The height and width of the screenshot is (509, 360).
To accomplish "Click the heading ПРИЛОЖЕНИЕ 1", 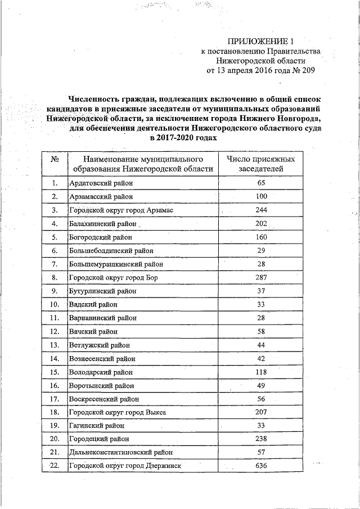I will (x=261, y=41).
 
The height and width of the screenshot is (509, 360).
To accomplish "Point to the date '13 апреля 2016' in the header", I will (x=246, y=70).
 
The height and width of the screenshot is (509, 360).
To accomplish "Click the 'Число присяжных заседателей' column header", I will (x=260, y=164).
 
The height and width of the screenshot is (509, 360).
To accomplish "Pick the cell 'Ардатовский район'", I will (x=101, y=183).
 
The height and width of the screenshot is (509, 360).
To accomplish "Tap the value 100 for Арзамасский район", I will (x=260, y=197).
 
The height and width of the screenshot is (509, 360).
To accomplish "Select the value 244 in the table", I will (x=260, y=210).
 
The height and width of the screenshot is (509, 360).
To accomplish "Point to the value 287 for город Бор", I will (x=260, y=277).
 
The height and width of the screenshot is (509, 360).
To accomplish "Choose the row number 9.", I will (x=55, y=291).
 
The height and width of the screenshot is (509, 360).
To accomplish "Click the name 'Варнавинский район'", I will (x=102, y=318).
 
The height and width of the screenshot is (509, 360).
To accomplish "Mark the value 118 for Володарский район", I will (x=260, y=372).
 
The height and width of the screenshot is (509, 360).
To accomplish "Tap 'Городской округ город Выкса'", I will (x=118, y=412).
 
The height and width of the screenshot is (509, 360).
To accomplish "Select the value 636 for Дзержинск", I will (x=260, y=466).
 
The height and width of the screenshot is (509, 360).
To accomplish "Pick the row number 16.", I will (x=55, y=385).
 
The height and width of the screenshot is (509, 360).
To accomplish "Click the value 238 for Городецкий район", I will (x=260, y=439).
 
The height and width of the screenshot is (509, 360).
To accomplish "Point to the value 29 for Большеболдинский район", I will (x=260, y=250).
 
